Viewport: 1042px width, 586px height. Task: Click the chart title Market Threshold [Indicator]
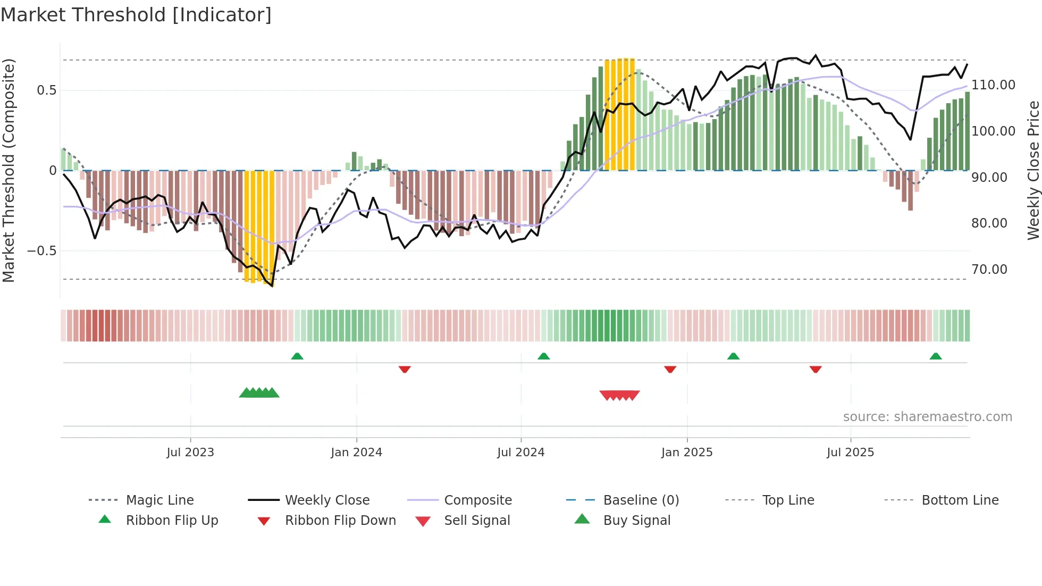(136, 15)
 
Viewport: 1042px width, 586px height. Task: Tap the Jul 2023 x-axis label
(190, 453)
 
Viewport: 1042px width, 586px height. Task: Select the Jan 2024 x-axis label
(356, 453)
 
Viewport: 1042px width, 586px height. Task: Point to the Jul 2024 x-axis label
(520, 453)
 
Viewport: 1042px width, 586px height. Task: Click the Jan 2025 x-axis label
(686, 453)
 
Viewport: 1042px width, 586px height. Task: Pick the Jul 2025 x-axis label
(850, 453)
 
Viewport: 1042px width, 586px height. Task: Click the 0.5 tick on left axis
(46, 90)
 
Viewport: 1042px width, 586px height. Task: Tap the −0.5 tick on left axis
(42, 251)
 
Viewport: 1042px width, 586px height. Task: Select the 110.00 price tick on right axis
(993, 85)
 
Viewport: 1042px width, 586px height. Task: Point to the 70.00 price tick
(989, 270)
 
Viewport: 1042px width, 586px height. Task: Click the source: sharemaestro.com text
(927, 417)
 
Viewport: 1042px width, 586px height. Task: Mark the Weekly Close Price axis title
(1033, 170)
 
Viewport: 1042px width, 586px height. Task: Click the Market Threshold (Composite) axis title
(9, 170)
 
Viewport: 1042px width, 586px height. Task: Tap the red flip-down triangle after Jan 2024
(405, 369)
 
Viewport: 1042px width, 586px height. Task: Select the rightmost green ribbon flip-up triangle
(936, 356)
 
